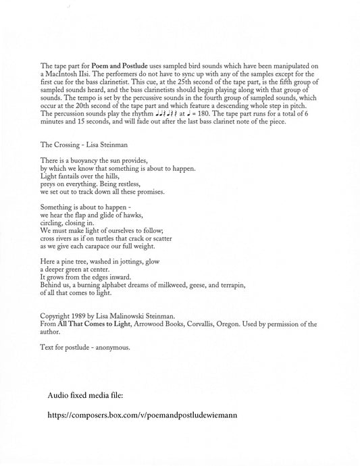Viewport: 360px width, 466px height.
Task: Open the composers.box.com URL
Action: [x=143, y=415]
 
